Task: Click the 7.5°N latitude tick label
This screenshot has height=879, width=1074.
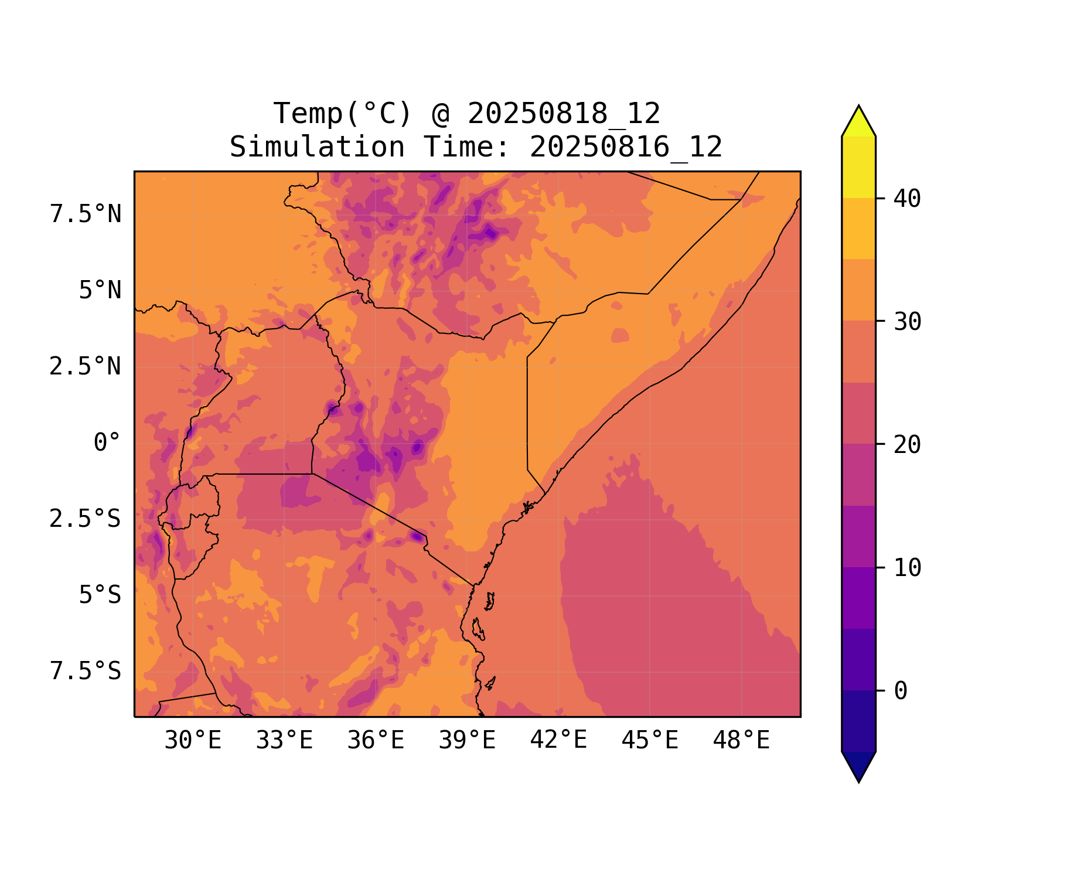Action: [x=86, y=214]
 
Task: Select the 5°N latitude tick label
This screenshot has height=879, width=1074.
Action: [x=100, y=291]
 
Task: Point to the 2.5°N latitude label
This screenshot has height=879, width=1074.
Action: [x=86, y=367]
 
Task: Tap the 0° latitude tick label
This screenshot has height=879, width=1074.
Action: [x=107, y=443]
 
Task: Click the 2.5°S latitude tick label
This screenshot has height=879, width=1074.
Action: [x=86, y=519]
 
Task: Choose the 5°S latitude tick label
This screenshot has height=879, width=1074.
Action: [x=100, y=595]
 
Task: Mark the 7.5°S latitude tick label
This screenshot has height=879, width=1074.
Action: [x=86, y=672]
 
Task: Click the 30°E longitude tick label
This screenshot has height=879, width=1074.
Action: [x=193, y=741]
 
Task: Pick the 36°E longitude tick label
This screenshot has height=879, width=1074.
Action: [x=376, y=741]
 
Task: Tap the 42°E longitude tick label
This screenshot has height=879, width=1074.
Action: [x=558, y=741]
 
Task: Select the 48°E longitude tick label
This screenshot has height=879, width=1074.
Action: [x=741, y=741]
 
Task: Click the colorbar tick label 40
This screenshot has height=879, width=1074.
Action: [x=907, y=199]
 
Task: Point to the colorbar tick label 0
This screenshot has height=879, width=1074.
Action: [x=901, y=691]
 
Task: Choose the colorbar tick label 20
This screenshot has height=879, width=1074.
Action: [x=907, y=445]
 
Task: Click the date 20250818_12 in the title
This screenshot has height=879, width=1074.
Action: [x=564, y=114]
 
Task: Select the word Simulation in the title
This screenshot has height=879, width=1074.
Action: [x=317, y=147]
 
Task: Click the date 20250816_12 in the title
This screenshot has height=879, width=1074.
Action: [x=626, y=147]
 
